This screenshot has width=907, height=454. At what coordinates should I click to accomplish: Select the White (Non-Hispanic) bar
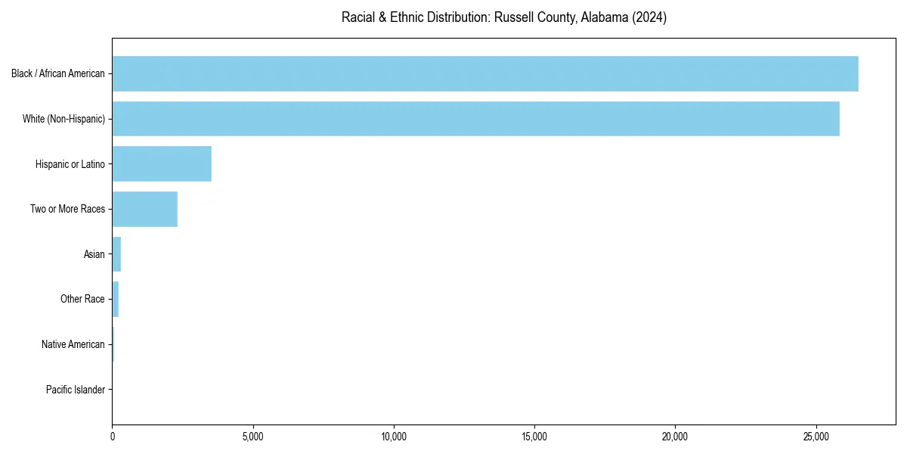475,119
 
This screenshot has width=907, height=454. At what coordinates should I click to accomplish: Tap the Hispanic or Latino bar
162,164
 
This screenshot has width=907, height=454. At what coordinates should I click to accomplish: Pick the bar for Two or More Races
144,209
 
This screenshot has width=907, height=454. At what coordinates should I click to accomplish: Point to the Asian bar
116,254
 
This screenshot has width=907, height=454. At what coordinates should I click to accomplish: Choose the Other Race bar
116,299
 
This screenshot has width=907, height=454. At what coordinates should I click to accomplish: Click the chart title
504,17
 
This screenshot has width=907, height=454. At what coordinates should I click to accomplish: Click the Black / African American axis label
58,74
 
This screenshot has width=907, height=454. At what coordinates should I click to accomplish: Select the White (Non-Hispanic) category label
63,119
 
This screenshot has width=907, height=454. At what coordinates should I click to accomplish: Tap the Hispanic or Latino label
70,164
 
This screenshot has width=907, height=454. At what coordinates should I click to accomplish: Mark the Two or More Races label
67,209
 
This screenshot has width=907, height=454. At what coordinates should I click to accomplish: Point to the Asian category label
94,254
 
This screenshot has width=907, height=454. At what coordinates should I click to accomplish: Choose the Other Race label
82,300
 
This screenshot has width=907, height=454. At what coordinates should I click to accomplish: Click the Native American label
73,344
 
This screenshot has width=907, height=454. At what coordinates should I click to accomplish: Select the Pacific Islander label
75,390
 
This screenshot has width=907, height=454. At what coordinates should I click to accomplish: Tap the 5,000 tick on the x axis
253,437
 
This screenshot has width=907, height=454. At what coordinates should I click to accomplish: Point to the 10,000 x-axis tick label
394,437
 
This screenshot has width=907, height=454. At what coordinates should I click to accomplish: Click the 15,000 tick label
534,437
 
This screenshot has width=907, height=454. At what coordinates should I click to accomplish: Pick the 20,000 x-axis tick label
675,437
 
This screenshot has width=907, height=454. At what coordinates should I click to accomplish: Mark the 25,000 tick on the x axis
816,437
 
